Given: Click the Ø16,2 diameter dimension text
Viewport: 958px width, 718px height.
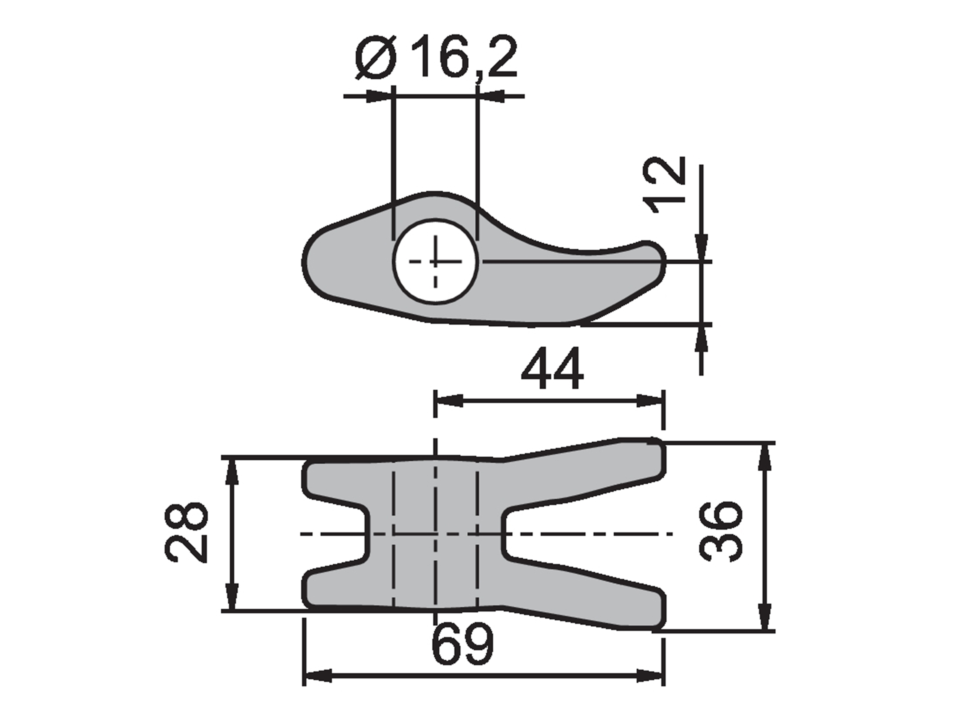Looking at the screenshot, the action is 436,58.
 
